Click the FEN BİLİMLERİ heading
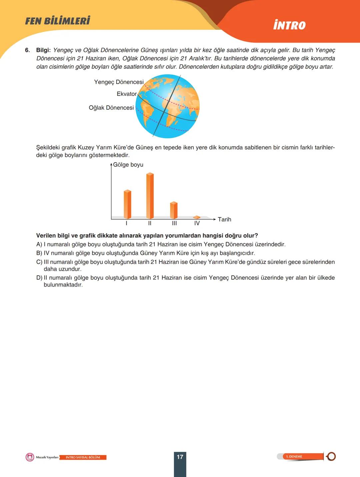(58, 21)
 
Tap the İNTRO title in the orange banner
(289, 25)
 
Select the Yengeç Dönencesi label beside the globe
(119, 82)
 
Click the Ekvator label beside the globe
(127, 94)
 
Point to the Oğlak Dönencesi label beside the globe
(111, 108)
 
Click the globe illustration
(167, 106)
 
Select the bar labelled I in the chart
(127, 204)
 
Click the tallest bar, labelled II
(150, 196)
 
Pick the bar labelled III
(174, 210)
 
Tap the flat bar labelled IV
(197, 217)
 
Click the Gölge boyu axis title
(128, 165)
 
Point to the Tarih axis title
(224, 219)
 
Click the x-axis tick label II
(150, 224)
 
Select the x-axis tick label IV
(197, 224)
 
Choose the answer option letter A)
(39, 244)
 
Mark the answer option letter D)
(39, 278)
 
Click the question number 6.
(27, 50)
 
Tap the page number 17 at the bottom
(180, 457)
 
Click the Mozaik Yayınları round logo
(30, 457)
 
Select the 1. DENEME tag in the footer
(294, 456)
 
